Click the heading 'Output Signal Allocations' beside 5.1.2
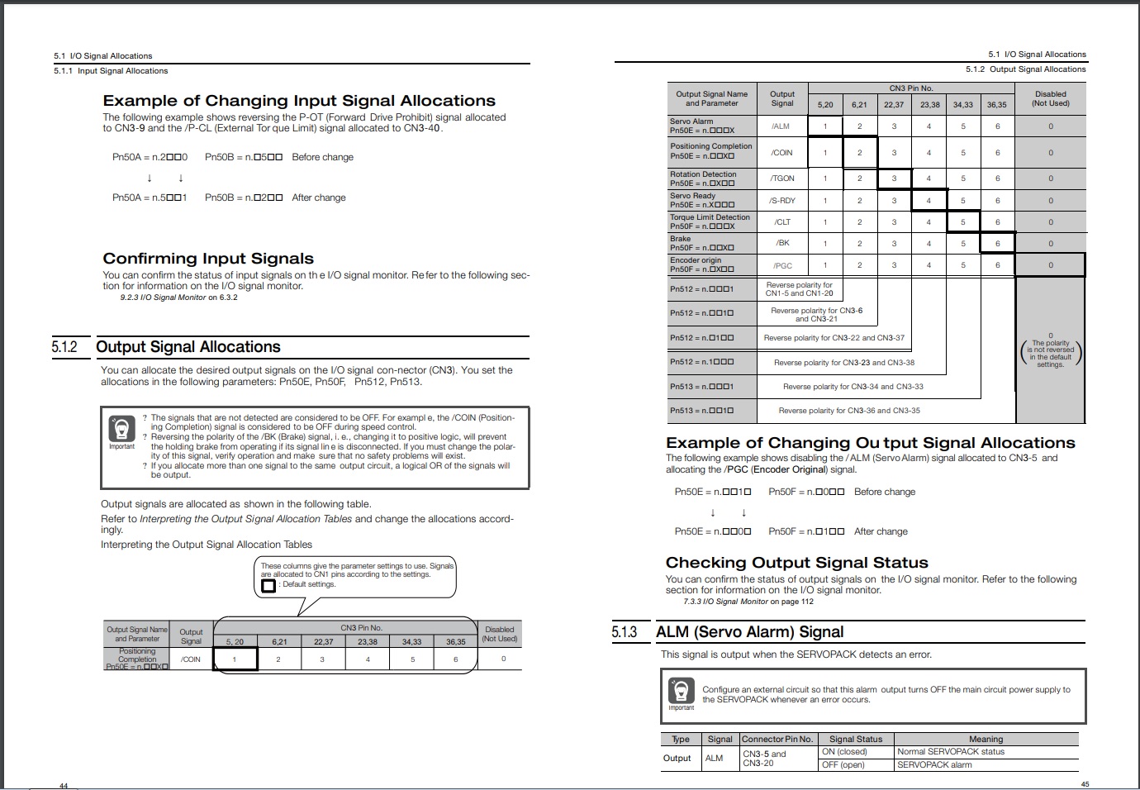click(x=188, y=347)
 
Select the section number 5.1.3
click(x=625, y=632)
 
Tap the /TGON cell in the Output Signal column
click(x=782, y=178)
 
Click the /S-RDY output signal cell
click(x=782, y=201)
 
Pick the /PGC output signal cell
click(x=782, y=265)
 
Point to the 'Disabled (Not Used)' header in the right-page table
click(x=1050, y=99)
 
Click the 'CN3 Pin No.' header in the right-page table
click(x=911, y=88)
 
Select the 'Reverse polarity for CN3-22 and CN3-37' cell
click(x=834, y=338)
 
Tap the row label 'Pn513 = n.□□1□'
click(x=701, y=411)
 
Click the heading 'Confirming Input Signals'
click(x=208, y=259)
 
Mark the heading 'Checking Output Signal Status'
click(x=796, y=563)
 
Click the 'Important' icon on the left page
click(x=121, y=431)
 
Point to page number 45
click(x=1085, y=784)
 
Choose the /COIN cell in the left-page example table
click(x=191, y=659)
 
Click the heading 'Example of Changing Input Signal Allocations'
click(x=299, y=101)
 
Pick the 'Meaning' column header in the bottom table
click(x=986, y=740)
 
